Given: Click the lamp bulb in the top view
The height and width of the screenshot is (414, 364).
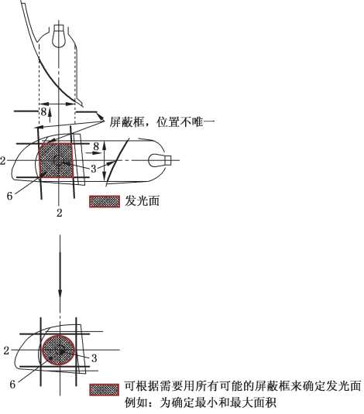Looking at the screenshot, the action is (58, 36).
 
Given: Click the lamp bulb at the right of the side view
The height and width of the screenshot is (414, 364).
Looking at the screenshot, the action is (160, 160).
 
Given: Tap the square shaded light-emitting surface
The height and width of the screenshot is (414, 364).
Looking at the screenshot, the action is (56, 160).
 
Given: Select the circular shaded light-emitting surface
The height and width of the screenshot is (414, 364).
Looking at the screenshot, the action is (58, 350).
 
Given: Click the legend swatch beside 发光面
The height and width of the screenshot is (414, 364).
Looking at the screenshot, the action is (105, 202).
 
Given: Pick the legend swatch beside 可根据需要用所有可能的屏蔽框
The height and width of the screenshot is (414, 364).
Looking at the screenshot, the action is (104, 390).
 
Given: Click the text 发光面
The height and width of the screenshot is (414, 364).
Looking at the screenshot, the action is (142, 201).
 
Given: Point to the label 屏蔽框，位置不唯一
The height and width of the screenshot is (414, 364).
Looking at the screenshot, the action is (162, 122).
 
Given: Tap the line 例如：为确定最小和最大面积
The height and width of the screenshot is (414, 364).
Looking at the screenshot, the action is (201, 403).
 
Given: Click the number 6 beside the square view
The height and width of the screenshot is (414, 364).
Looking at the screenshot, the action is (9, 196).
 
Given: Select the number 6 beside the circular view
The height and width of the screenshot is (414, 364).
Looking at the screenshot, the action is (12, 385).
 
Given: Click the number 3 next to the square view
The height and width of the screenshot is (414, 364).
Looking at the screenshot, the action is (93, 169).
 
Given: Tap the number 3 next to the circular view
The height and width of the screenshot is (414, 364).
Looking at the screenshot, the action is (94, 358).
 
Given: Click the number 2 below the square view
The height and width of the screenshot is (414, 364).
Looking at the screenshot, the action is (59, 213).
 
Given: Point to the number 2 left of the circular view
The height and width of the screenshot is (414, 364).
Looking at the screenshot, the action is (6, 351).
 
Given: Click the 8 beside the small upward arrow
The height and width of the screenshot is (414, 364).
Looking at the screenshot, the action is (43, 111).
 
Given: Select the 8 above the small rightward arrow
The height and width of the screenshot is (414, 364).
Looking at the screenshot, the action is (96, 146).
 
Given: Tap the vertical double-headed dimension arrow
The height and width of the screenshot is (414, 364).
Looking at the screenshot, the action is (104, 160).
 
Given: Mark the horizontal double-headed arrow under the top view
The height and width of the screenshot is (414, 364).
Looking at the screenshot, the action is (57, 104).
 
